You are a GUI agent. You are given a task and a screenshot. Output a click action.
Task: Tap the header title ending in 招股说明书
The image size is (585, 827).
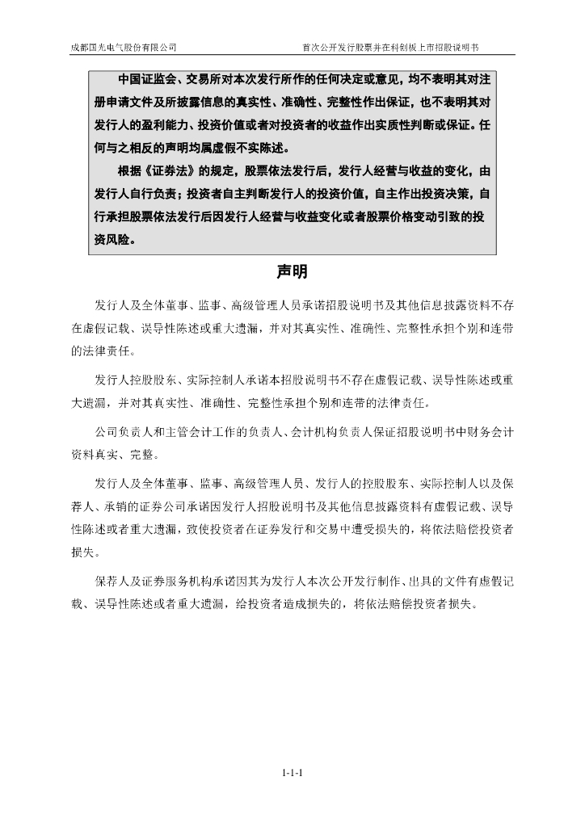[x=395, y=48]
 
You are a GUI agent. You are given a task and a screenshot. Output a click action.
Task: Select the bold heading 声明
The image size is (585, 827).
[x=292, y=272]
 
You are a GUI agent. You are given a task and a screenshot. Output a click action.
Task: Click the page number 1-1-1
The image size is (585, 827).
[x=292, y=773]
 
